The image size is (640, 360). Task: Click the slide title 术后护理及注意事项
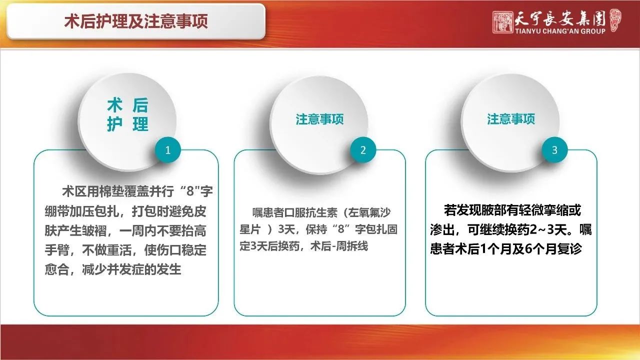click(136, 21)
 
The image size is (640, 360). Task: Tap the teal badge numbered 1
click(167, 150)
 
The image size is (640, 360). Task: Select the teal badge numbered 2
click(363, 150)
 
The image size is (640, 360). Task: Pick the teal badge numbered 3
click(554, 150)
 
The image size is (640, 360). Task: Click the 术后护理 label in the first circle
click(127, 114)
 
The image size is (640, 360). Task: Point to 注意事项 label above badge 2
click(319, 119)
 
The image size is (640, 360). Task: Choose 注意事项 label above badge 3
click(511, 119)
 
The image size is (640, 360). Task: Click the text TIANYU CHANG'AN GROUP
click(560, 31)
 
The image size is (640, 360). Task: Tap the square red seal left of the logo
click(502, 22)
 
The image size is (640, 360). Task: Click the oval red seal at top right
click(615, 20)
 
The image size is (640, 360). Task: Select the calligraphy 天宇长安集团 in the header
click(560, 18)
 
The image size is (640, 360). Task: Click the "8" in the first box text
click(190, 191)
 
